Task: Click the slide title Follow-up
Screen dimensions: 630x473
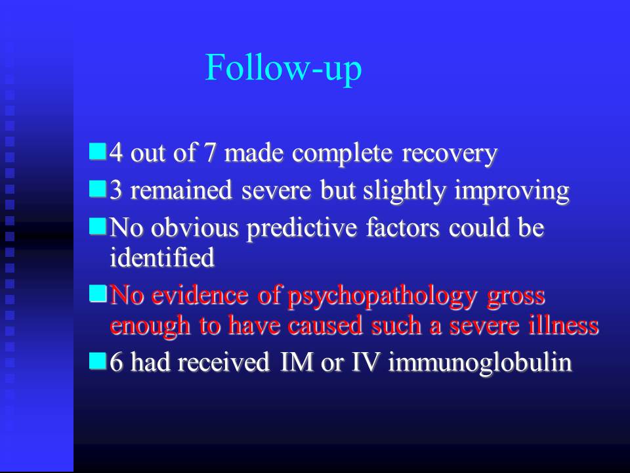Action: [283, 68]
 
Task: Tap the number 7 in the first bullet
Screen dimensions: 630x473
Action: [210, 153]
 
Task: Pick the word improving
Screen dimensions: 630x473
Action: [512, 191]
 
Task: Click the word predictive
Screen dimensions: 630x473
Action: [302, 229]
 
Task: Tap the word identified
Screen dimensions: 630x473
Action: [162, 258]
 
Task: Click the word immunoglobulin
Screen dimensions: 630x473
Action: [480, 363]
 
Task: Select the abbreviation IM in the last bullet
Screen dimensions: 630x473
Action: [297, 361]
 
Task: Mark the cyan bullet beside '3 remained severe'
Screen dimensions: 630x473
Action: [98, 189]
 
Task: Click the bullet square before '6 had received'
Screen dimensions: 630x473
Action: [98, 361]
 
